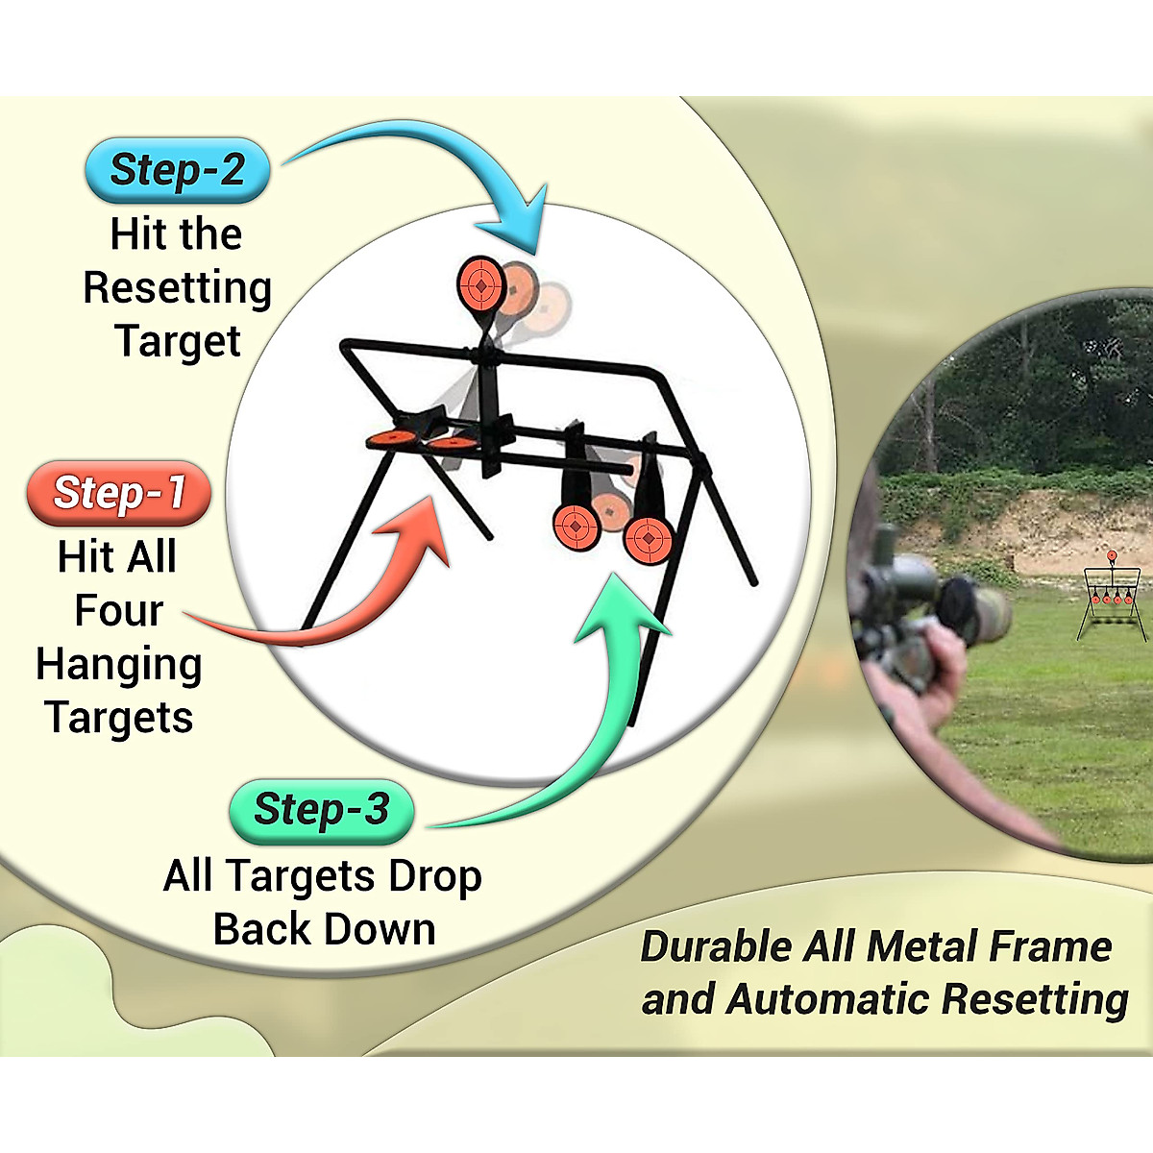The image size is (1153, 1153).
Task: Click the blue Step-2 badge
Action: pyautogui.click(x=178, y=170)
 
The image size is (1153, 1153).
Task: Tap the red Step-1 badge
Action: pyautogui.click(x=119, y=493)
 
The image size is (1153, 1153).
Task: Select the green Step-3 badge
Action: pyautogui.click(x=322, y=810)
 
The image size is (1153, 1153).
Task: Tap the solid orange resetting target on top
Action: pyautogui.click(x=481, y=282)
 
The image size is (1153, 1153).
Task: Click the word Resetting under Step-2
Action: pyautogui.click(x=178, y=287)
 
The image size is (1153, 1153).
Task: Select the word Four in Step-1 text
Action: pyautogui.click(x=119, y=611)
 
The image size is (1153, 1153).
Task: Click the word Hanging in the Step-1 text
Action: pyautogui.click(x=119, y=665)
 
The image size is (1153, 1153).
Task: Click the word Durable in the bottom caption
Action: pyautogui.click(x=717, y=947)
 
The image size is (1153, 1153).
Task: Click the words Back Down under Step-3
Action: pyautogui.click(x=324, y=930)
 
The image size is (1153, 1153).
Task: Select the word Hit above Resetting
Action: pyautogui.click(x=137, y=234)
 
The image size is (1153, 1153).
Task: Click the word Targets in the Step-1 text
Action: pyautogui.click(x=119, y=718)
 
